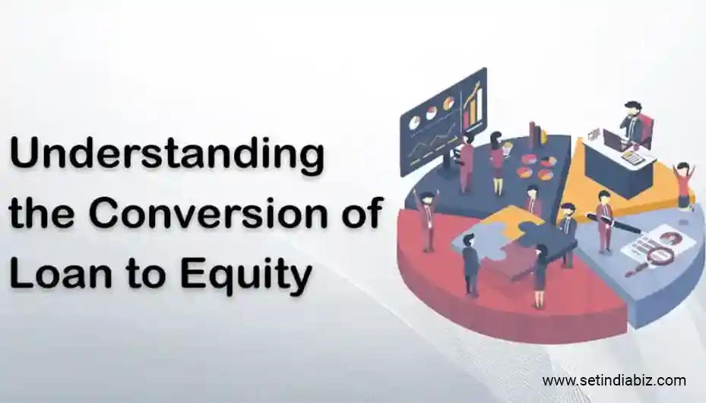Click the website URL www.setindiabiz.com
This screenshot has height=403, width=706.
pyautogui.click(x=613, y=380)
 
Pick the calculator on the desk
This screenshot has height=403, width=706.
pyautogui.click(x=634, y=157)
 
